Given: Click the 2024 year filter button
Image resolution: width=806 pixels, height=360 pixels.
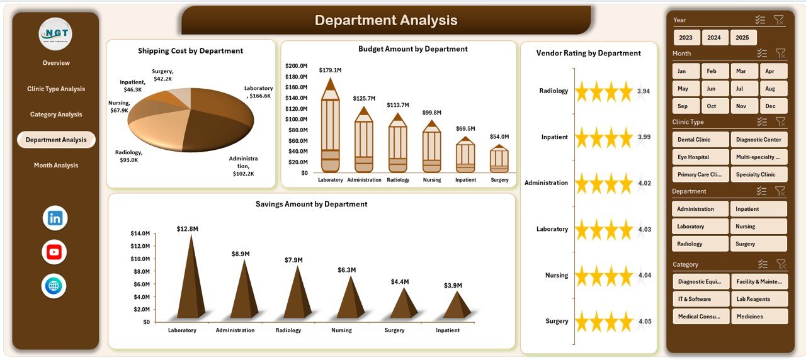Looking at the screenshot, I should pos(714,38).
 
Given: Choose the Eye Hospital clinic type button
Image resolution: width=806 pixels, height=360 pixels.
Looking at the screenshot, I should pos(700,157).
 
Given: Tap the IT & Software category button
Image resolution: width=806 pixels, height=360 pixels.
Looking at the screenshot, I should pos(700,300).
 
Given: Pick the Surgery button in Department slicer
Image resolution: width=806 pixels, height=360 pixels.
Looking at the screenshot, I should pos(758,244).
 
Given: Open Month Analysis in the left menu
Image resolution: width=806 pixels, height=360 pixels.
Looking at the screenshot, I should pos(56,166).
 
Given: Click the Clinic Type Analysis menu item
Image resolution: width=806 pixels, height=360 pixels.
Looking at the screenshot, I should pos(56,89).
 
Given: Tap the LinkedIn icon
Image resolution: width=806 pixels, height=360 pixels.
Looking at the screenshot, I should pos(55,218).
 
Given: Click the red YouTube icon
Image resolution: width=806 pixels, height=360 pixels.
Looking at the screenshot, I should pos(54,252).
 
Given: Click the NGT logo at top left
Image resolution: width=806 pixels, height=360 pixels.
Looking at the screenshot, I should pos(55,34).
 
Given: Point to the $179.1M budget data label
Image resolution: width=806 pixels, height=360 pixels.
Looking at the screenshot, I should pos(330,70).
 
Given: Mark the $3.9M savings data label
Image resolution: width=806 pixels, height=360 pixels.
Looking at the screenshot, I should pos(452,285).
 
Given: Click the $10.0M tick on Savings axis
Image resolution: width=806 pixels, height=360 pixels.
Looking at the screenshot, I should pos(140,259).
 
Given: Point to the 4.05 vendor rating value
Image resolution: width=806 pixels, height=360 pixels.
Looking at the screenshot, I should pos(644,322).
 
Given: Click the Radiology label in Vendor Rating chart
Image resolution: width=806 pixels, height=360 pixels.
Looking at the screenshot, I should pos(553,91).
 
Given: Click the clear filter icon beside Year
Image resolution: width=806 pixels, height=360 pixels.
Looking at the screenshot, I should pos(779,20).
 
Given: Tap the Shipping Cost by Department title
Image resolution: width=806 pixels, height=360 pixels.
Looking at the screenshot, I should pos(190,51).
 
